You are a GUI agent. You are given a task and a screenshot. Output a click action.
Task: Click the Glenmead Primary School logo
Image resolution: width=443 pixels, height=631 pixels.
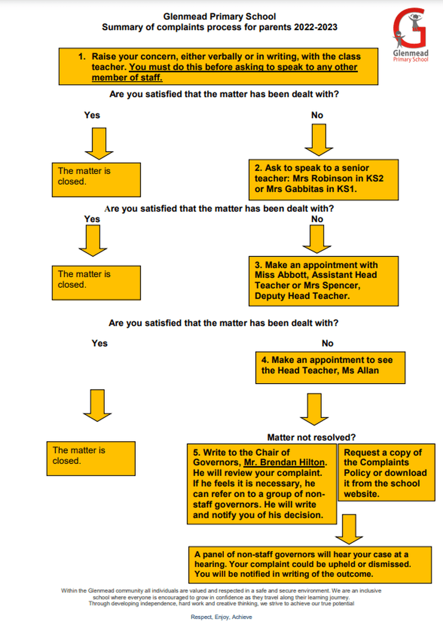pos(411,35)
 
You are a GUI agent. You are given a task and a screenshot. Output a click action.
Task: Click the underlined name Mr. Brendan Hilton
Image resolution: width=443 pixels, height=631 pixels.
pos(284,462)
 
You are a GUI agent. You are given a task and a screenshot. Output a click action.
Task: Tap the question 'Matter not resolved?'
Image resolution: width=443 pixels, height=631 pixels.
pos(311,437)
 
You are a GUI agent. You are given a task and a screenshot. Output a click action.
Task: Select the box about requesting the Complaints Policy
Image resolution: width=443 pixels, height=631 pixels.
pos(386,473)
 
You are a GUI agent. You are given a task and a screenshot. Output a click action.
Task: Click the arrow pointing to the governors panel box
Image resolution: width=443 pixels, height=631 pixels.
pos(349,529)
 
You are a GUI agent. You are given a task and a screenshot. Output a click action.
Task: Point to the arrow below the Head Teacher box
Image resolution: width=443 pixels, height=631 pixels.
pos(314,409)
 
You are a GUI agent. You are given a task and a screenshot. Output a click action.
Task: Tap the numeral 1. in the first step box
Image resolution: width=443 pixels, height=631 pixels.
pos(82,57)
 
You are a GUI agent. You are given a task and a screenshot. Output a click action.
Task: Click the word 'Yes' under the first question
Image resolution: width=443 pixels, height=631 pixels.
pos(92,115)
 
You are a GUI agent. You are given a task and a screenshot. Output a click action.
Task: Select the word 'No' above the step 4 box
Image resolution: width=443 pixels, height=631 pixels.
pos(327,343)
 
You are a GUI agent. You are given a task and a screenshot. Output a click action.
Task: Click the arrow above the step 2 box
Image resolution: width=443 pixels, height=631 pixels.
pos(318,140)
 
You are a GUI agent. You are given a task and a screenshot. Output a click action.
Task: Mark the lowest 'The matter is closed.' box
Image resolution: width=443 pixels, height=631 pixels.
pos(91,458)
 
